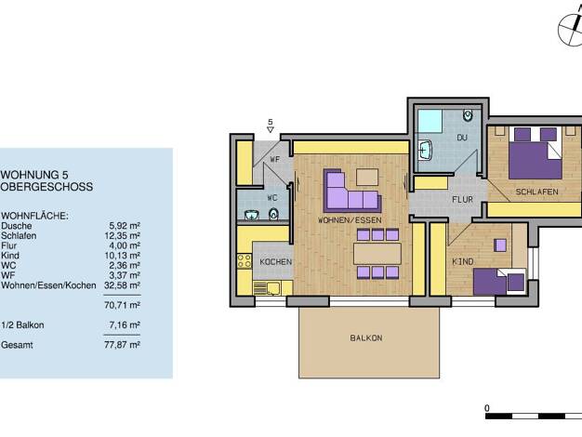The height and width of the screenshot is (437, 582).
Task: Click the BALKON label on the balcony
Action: click(366, 338)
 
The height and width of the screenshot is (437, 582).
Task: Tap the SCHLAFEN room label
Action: click(536, 192)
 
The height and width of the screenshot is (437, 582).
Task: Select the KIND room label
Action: click(462, 262)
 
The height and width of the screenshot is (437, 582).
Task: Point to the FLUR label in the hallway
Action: click(462, 199)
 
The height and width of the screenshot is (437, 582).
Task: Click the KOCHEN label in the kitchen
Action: click(276, 262)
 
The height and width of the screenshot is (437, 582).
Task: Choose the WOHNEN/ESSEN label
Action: click(350, 220)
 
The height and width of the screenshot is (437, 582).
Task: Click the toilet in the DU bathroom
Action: click(468, 114)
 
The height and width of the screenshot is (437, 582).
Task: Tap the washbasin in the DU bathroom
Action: click(425, 151)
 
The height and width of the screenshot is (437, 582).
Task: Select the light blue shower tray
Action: click(430, 121)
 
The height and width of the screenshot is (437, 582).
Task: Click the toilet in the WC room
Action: click(273, 214)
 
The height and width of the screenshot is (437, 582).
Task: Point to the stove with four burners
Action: click(245, 261)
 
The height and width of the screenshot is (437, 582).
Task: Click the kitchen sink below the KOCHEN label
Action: click(267, 287)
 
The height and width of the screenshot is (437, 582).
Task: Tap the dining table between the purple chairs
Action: click(377, 254)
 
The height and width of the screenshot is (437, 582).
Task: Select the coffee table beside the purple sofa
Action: click(367, 177)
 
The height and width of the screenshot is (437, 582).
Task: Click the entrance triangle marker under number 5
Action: click(271, 129)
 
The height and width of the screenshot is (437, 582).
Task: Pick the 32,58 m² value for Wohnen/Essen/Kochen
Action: click(122, 285)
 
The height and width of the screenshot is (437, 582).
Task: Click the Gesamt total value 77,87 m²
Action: click(122, 345)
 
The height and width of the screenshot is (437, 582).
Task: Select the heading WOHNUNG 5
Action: click(34, 175)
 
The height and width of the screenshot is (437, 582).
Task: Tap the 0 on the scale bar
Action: click(487, 408)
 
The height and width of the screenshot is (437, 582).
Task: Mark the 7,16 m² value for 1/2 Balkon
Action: click(125, 325)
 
